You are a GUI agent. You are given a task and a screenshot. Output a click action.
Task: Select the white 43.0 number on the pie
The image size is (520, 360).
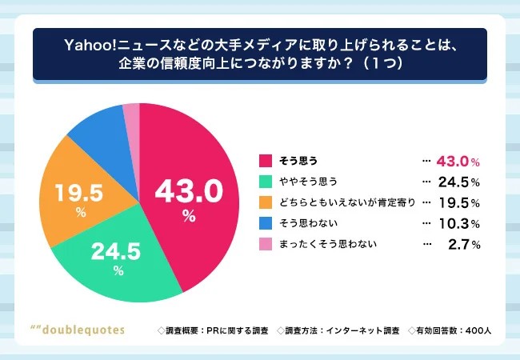(187, 192)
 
